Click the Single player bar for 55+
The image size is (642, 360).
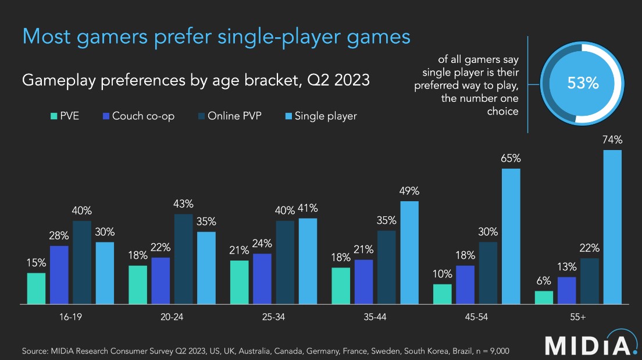coord(612,227)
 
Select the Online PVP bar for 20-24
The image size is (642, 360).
coord(184,259)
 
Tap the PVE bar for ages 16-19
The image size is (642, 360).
coord(36,288)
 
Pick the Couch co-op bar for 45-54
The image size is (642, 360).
coord(465,284)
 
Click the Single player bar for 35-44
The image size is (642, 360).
coord(409,252)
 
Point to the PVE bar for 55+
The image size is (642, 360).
coord(544,297)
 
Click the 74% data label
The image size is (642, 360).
coord(612,140)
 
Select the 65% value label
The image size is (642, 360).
coord(511,158)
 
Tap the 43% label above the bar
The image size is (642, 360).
coord(184,204)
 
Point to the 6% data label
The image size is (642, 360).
coord(544,280)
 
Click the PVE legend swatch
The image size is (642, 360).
coord(53,116)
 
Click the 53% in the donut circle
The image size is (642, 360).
coord(583,83)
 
